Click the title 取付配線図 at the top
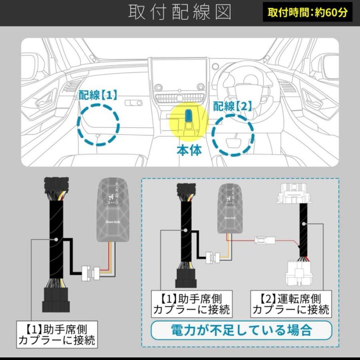(180, 12)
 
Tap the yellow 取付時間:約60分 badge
(307, 12)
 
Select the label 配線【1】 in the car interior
(98, 96)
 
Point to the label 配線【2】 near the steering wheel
(233, 107)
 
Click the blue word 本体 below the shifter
(189, 150)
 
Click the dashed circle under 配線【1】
(98, 124)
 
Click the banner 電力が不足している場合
(241, 330)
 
